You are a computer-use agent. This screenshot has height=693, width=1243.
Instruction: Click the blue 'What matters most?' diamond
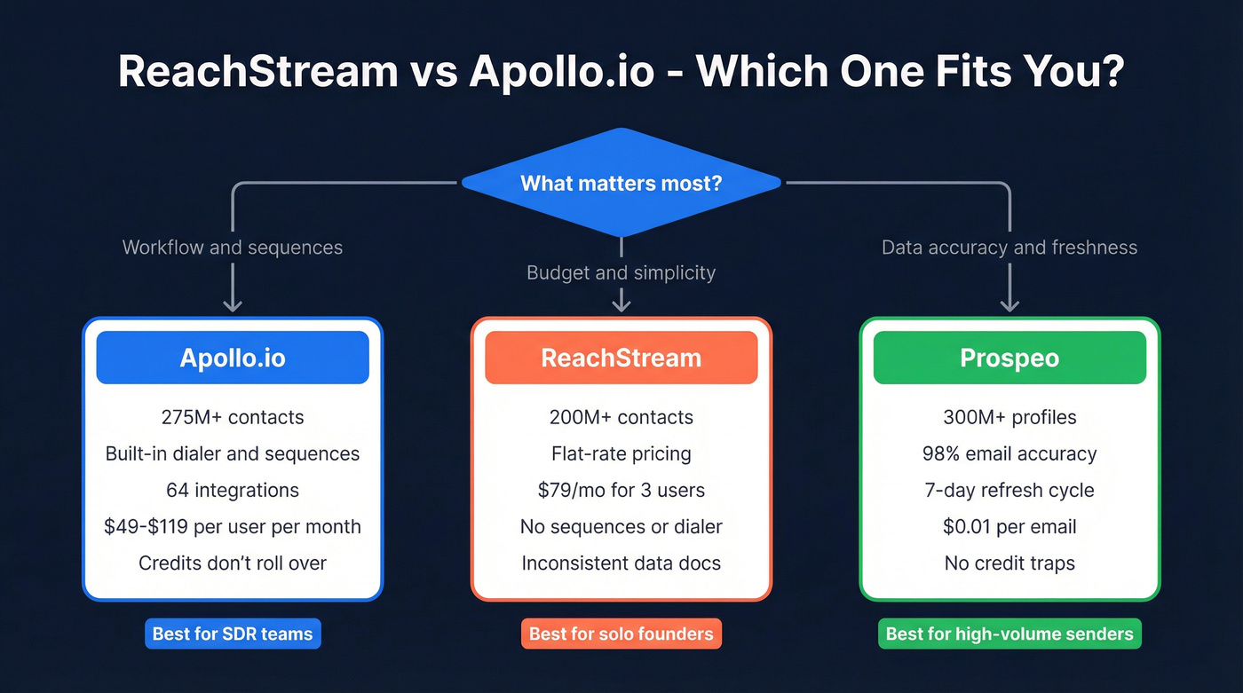621,184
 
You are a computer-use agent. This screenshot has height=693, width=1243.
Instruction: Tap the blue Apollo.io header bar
233,358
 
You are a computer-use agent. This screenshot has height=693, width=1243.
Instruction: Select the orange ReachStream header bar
621,358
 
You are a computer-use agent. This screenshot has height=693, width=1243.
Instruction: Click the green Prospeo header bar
1009,358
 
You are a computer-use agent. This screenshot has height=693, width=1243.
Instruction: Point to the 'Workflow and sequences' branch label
233,248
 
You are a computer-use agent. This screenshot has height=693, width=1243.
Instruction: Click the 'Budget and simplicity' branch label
621,272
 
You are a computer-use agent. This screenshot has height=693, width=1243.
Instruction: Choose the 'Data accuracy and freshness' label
1009,248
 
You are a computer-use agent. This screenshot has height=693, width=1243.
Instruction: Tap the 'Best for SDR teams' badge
233,634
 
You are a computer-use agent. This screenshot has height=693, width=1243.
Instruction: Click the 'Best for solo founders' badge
621,634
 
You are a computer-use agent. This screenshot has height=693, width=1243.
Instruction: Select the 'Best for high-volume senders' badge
1009,634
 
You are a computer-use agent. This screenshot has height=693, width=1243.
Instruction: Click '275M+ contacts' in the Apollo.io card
233,417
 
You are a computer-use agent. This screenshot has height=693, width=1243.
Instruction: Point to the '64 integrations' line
233,490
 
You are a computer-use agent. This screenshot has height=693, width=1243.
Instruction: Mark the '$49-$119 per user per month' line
233,526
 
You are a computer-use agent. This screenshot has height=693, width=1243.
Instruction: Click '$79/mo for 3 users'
621,490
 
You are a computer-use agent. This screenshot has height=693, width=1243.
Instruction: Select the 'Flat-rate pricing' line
621,453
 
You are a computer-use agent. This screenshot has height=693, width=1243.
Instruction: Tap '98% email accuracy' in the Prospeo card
1009,453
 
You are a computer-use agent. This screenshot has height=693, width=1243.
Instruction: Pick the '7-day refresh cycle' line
1009,490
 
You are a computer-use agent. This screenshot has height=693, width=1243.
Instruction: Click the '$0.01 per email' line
1009,526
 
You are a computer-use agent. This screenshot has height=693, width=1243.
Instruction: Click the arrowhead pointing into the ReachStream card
621,304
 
